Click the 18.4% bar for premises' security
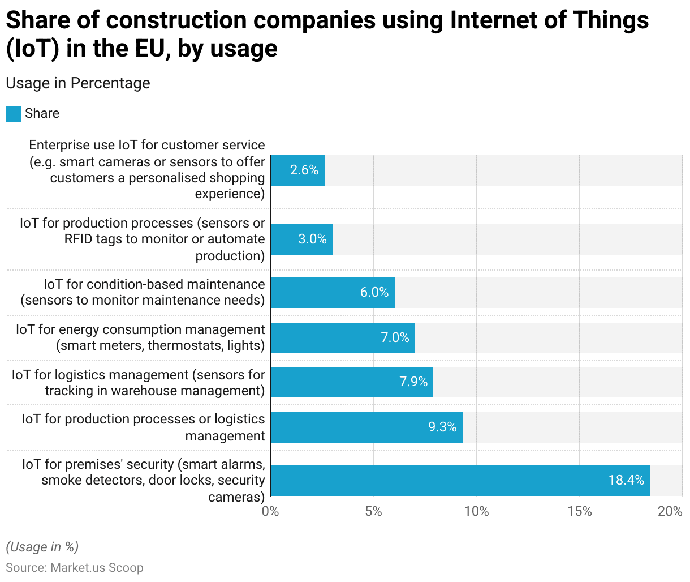point(460,480)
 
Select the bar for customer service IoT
point(297,170)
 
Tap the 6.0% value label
point(374,292)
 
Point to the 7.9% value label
point(413,382)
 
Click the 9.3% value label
point(442,427)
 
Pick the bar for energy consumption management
point(342,337)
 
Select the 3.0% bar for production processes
point(301,239)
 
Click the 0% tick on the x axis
point(270,511)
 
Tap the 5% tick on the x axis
point(373,511)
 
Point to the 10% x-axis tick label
point(476,511)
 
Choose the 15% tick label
point(579,511)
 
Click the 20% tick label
point(670,511)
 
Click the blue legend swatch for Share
point(14,114)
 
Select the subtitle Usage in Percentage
point(78,83)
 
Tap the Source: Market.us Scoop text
point(75,567)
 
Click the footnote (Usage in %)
point(42,546)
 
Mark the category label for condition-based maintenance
point(143,292)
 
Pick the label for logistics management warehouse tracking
point(139,383)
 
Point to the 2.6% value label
point(304,170)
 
